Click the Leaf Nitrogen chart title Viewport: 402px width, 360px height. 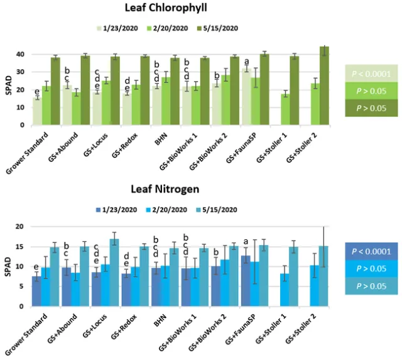[x=173, y=188]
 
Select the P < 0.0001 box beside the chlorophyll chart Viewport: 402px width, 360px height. [x=371, y=74]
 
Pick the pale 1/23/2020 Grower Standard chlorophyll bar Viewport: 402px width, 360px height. [x=37, y=111]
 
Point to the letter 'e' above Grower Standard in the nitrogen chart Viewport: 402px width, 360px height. [x=37, y=267]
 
